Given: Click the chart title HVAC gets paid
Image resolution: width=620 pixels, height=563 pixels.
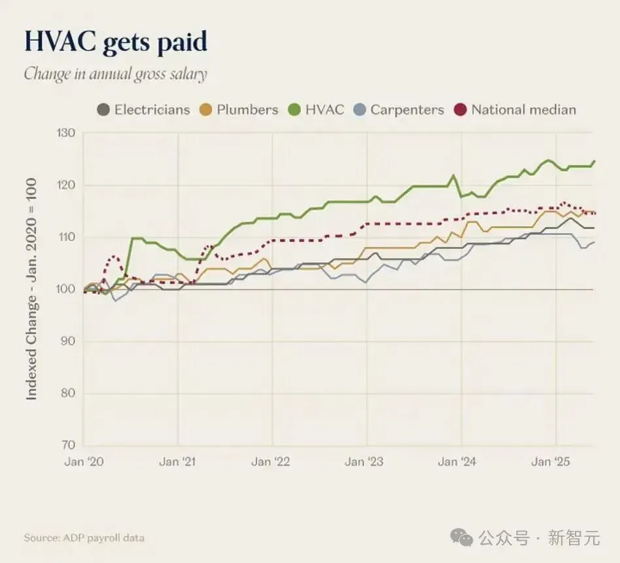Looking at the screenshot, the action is [116, 42].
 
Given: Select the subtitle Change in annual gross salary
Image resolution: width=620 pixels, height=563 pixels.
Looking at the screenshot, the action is [116, 74].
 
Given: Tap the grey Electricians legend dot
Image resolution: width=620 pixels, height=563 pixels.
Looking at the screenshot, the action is [103, 110].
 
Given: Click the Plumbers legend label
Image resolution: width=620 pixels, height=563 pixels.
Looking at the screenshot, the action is [247, 110].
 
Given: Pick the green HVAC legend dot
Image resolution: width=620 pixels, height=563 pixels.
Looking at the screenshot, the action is [294, 110].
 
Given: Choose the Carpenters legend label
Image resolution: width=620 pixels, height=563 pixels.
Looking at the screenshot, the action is [407, 110].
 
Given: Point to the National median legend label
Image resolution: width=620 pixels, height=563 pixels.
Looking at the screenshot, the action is [524, 110].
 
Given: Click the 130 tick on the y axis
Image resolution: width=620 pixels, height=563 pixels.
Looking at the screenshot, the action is [65, 133].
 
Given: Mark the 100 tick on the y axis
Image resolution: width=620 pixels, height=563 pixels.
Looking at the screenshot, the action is [65, 289].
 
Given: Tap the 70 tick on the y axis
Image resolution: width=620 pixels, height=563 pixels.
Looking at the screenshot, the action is [67, 445].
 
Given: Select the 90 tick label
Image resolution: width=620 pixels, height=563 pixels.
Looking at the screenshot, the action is [67, 341].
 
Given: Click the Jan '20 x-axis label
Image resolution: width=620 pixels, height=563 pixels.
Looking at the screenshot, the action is [84, 462].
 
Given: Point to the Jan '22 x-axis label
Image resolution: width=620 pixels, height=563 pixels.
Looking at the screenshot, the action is [271, 462].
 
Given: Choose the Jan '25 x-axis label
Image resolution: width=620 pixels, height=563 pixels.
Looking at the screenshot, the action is [551, 462].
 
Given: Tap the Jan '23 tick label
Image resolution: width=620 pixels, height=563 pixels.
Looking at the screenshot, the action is [364, 462].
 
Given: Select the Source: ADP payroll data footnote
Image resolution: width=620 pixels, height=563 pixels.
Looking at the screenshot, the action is [84, 537].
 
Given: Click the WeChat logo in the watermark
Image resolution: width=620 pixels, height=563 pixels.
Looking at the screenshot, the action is [462, 537].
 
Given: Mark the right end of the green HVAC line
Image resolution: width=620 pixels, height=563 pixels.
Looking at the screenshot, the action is [594, 161].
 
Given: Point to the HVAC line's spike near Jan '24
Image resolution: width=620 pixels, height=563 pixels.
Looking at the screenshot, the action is [453, 175].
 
